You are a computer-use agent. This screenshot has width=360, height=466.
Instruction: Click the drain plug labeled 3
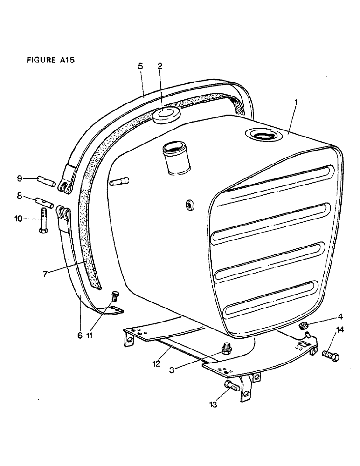click(x=227, y=348)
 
